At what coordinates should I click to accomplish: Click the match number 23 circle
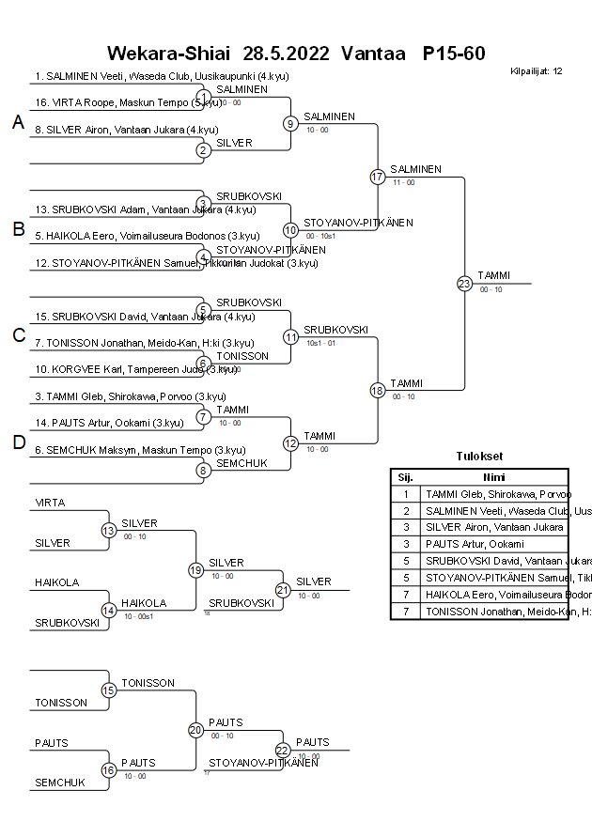coord(464,283)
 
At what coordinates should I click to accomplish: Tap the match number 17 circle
coord(378,177)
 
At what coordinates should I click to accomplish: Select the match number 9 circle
coord(291,123)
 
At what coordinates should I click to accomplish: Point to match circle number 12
coord(291,442)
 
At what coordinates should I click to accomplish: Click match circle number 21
coord(284,589)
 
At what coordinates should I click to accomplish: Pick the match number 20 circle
coord(196,730)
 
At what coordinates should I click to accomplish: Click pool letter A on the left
coord(18,122)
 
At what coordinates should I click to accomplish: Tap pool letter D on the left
coord(18,442)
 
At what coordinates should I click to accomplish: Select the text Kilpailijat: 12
coord(537,71)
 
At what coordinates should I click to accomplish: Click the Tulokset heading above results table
coord(479,457)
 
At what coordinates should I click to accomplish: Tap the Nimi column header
coord(493,476)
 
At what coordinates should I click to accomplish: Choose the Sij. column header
coord(405,476)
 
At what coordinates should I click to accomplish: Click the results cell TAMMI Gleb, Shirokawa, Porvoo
coord(494,494)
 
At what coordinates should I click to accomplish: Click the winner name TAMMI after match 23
coord(493,275)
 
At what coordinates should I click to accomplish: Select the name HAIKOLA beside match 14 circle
coord(144,603)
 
